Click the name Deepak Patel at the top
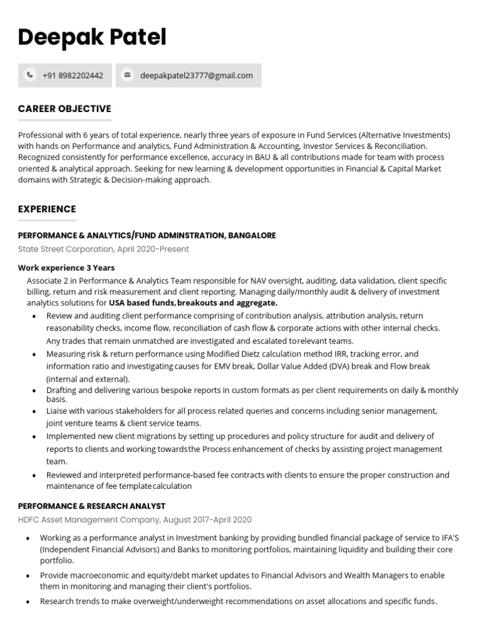pyautogui.click(x=92, y=38)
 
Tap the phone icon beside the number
pyautogui.click(x=30, y=75)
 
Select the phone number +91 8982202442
pyautogui.click(x=73, y=76)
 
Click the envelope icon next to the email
pyautogui.click(x=128, y=75)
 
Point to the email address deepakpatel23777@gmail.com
pyautogui.click(x=197, y=76)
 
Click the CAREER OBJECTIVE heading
pyautogui.click(x=65, y=109)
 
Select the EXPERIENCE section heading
pyautogui.click(x=47, y=209)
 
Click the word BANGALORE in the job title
pyautogui.click(x=252, y=235)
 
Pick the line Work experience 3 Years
pyautogui.click(x=66, y=268)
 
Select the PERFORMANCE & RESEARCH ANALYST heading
pyautogui.click(x=91, y=506)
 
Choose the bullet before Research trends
pyautogui.click(x=28, y=602)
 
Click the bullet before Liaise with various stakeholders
pyautogui.click(x=34, y=411)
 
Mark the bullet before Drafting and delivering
pyautogui.click(x=34, y=391)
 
